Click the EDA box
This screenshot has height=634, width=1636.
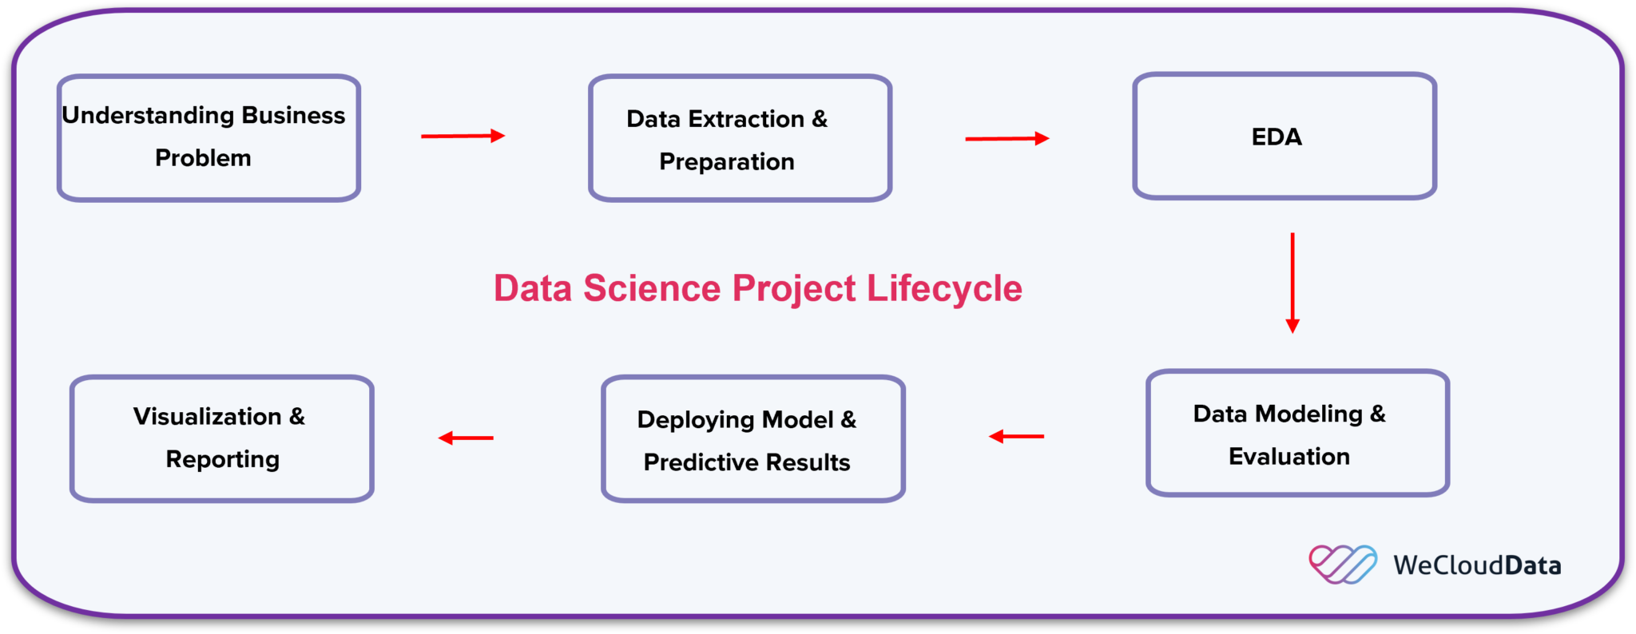click(1284, 136)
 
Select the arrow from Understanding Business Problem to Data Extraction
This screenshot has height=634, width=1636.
click(463, 136)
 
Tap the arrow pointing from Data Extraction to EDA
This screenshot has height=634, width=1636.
click(1007, 138)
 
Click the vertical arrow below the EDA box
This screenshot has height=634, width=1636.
click(1292, 283)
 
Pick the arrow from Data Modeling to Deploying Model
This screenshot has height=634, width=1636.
click(1016, 436)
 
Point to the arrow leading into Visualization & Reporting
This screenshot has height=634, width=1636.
click(466, 438)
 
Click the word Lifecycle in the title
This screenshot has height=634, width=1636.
click(944, 288)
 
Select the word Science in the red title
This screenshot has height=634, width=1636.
click(652, 288)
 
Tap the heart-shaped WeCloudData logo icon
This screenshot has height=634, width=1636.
click(1342, 564)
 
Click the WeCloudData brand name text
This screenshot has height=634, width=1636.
click(1477, 565)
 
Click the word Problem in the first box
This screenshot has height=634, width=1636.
click(203, 158)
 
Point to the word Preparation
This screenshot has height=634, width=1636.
click(727, 162)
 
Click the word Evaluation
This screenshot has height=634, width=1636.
click(1289, 457)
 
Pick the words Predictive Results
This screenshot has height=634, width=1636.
click(747, 462)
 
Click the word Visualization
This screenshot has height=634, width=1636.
click(207, 417)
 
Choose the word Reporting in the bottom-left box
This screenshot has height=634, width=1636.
click(223, 460)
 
